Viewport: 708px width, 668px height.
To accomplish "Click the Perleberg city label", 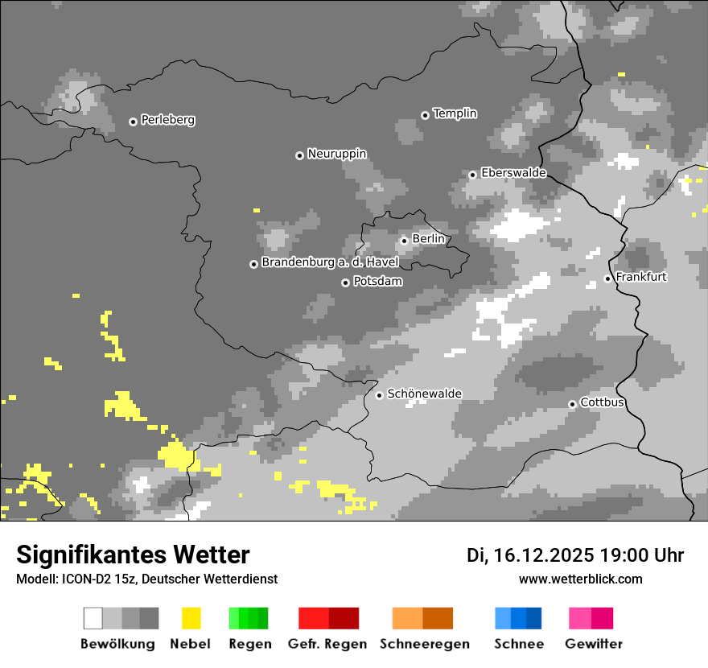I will tap(167, 120).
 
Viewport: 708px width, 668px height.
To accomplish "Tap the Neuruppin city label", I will tap(337, 154).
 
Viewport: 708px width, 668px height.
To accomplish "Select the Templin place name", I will tap(455, 113).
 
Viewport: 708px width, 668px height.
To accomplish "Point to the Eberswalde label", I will tap(513, 173).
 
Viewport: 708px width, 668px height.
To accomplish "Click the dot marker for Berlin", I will tap(404, 241).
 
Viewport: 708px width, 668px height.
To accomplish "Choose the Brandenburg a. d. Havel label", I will tap(330, 262).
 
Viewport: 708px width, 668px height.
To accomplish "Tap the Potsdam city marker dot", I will tap(345, 282).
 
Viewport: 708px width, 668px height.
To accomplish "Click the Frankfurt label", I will tap(641, 277).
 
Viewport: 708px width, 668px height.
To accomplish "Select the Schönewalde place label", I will tap(425, 394).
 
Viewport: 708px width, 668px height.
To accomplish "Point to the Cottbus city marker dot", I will tap(572, 404).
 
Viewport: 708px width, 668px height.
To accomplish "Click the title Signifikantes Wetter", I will tap(133, 555).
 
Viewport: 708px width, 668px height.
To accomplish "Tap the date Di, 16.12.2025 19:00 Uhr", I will tap(575, 555).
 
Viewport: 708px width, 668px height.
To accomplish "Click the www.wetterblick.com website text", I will tap(581, 579).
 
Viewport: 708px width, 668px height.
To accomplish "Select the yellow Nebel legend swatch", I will tap(191, 618).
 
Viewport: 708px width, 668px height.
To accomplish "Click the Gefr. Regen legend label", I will tap(327, 644).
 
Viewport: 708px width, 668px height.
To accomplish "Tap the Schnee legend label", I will tap(519, 644).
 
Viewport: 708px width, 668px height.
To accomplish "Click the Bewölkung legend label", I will tap(117, 644).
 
